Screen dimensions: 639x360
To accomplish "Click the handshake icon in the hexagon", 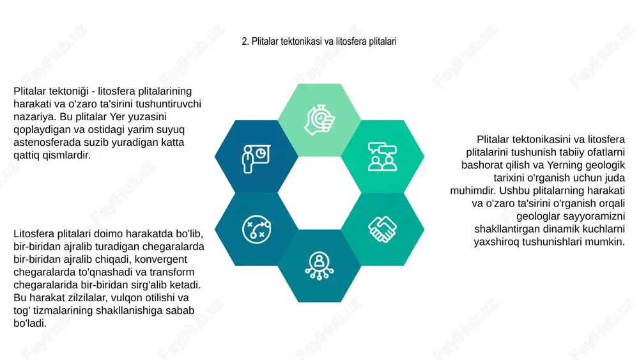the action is pyautogui.click(x=382, y=229).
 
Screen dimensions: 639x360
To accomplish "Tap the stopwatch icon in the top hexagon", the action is pyautogui.click(x=319, y=120).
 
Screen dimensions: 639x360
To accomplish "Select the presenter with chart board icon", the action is pyautogui.click(x=256, y=159).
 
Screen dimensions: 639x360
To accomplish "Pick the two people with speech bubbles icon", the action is pyautogui.click(x=382, y=157).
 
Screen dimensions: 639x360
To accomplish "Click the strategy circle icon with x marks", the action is pyautogui.click(x=256, y=229).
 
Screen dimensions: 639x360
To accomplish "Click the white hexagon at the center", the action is pyautogui.click(x=319, y=193).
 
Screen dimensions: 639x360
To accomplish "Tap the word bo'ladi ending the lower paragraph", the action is pyautogui.click(x=30, y=324).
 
